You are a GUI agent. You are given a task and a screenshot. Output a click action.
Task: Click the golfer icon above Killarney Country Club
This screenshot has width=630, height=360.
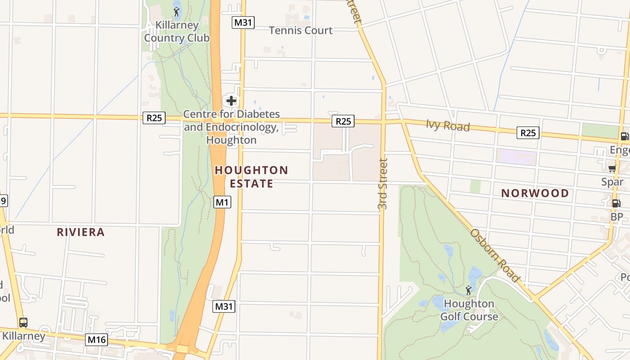click(176, 12)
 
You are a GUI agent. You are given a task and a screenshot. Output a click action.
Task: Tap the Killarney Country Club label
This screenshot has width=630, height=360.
click(176, 31)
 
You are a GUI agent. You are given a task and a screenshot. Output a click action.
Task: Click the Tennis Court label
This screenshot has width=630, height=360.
click(301, 31)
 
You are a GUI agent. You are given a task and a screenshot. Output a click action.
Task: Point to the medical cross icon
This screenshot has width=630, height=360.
click(231, 100)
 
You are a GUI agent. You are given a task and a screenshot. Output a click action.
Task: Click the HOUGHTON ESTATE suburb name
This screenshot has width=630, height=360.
click(251, 177)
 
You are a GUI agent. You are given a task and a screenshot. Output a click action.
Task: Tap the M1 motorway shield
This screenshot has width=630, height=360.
click(222, 202)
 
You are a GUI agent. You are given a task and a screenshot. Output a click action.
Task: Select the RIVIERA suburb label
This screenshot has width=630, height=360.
click(81, 232)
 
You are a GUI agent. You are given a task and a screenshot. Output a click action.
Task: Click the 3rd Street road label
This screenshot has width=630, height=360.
click(382, 184)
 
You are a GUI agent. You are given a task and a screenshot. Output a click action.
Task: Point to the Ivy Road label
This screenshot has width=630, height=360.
click(448, 126)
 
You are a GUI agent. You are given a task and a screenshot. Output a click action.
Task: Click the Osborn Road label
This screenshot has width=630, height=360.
click(495, 256)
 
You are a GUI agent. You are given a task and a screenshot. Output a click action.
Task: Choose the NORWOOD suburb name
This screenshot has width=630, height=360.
click(535, 193)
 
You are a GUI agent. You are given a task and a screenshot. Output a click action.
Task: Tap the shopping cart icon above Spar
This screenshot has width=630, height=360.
click(612, 169)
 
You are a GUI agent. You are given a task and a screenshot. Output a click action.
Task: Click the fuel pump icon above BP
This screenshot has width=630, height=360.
click(616, 203)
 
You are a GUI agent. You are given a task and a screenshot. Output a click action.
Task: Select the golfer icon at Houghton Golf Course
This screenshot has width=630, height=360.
click(468, 290)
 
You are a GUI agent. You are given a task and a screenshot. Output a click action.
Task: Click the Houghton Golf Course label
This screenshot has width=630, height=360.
click(469, 310)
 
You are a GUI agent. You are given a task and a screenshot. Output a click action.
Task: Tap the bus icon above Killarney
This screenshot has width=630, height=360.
click(23, 323)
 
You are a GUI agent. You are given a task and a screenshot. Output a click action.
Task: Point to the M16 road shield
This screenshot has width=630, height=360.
click(97, 340)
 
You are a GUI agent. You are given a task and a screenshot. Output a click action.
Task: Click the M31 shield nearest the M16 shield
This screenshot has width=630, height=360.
click(224, 307)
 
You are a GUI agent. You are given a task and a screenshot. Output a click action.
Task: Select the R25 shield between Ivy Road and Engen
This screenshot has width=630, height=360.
click(528, 133)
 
